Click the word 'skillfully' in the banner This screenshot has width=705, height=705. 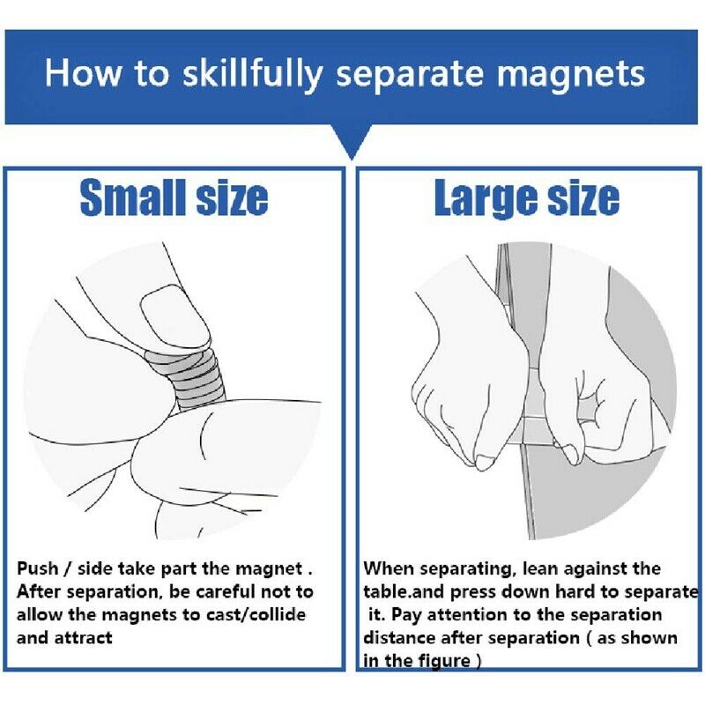click(252, 75)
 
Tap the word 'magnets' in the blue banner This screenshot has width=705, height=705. click(571, 75)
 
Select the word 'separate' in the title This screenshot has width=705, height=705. click(409, 76)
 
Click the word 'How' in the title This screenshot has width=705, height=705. click(83, 73)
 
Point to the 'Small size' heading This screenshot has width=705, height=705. click(174, 197)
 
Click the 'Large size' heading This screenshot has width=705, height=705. click(527, 198)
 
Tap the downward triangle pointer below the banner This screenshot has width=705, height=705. click(352, 142)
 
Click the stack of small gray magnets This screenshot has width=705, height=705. click(189, 379)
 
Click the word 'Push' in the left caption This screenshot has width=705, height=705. click(38, 568)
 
